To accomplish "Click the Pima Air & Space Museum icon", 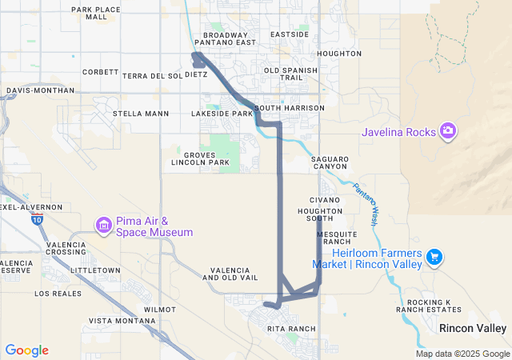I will (x=103, y=226).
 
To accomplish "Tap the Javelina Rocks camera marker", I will (x=447, y=130).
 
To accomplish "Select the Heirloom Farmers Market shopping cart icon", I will (x=434, y=257).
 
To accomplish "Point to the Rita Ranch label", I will (x=292, y=329).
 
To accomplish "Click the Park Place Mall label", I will (x=95, y=13).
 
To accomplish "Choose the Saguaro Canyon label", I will (x=330, y=163).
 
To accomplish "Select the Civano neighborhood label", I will (x=325, y=199).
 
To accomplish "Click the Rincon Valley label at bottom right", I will (x=473, y=329).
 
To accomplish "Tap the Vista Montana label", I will (x=122, y=321).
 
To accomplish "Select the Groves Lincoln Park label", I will (x=201, y=158).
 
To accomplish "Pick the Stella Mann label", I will (x=141, y=114).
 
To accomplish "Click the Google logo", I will (x=26, y=350).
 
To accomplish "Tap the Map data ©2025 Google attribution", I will (x=462, y=354).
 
